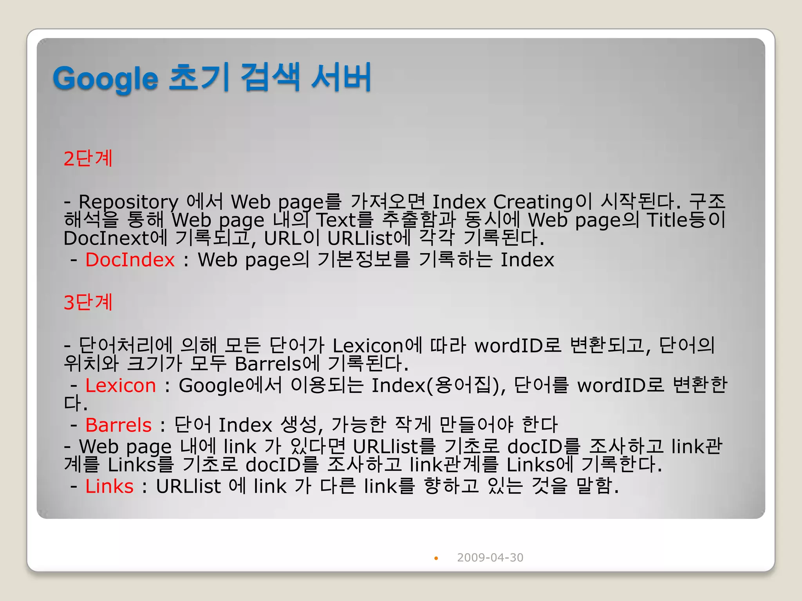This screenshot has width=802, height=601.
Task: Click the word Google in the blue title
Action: [105, 79]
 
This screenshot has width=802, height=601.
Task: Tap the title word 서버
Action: [341, 77]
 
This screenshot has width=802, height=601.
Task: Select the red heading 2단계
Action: [88, 158]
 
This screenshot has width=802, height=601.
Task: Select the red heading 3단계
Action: [88, 302]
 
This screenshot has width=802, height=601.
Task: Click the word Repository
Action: [128, 202]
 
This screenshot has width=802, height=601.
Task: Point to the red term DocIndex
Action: [130, 260]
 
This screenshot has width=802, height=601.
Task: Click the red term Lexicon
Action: [121, 385]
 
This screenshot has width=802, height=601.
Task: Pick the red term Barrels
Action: [118, 425]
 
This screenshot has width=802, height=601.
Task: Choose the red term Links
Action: [109, 486]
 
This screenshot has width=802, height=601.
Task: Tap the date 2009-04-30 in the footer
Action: [490, 558]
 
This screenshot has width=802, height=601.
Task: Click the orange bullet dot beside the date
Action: [436, 558]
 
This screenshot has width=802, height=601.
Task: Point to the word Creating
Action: [533, 202]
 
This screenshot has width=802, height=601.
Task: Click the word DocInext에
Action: [116, 238]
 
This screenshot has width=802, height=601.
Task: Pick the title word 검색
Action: [270, 77]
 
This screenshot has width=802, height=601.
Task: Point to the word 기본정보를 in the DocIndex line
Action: [364, 260]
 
